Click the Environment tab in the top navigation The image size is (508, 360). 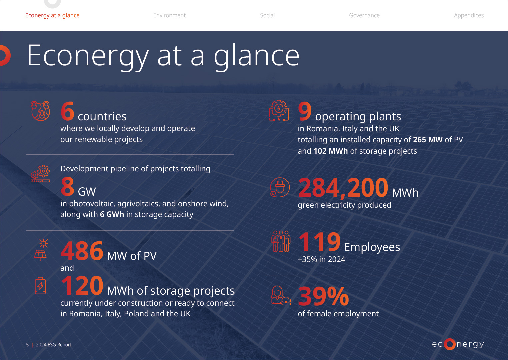169,15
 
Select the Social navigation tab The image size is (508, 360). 267,15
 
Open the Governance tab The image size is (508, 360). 364,15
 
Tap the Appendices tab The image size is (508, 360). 469,15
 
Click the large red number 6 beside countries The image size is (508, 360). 67,111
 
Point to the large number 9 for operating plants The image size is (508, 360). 305,111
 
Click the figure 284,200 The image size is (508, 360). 343,188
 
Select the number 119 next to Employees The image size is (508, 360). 320,242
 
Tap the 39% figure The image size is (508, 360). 323,296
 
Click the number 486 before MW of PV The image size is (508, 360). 82,251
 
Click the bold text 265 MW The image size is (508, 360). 427,140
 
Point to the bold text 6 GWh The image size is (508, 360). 112,214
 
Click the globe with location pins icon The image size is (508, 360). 40,111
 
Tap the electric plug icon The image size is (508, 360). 280,187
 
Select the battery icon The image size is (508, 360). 40,286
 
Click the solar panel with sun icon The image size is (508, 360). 40,250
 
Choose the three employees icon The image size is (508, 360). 281,241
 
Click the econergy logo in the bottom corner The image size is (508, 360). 458,344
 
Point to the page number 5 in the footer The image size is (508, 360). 27,345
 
